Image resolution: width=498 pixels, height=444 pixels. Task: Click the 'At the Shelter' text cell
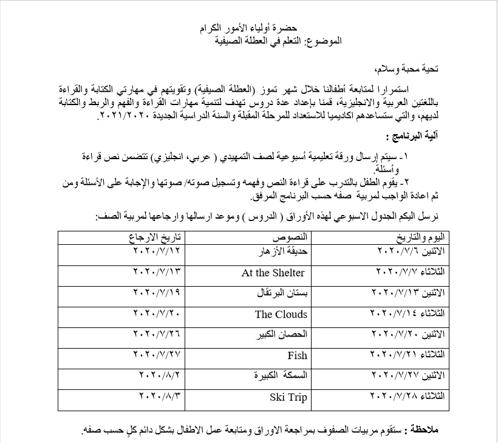coord(273,273)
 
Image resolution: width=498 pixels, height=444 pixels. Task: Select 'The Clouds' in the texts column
coord(281,314)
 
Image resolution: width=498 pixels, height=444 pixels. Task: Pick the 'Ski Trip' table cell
coord(288,398)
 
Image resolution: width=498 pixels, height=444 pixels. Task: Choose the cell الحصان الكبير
coord(282,334)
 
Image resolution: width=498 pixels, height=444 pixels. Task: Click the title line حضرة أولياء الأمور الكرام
coord(248,29)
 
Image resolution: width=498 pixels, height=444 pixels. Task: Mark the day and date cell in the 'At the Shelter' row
coord(411,271)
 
